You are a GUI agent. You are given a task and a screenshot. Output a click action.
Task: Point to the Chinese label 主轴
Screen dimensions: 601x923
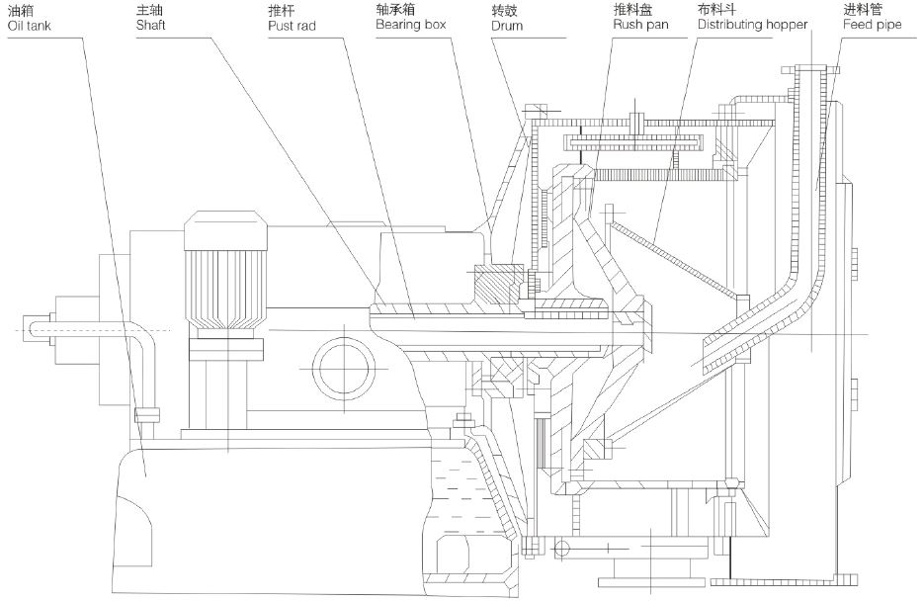pyautogui.click(x=146, y=9)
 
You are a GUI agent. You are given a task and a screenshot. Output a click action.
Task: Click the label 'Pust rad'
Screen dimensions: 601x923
pyautogui.click(x=291, y=24)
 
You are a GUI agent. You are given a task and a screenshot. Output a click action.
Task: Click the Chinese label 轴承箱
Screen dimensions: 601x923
pyautogui.click(x=392, y=9)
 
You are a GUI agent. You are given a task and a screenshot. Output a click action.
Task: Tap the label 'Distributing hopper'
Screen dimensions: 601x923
pyautogui.click(x=751, y=24)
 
